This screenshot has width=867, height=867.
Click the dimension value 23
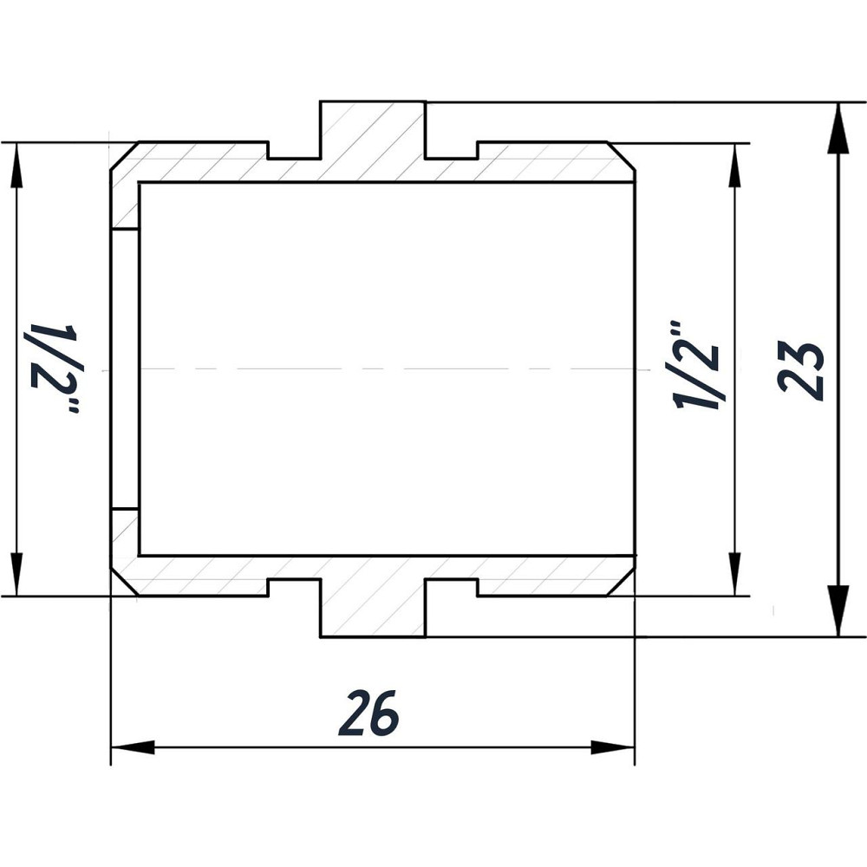point(800,369)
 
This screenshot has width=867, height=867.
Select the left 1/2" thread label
point(55,368)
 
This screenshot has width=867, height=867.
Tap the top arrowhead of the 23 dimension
point(838,127)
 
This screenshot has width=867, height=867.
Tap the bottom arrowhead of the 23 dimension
point(838,612)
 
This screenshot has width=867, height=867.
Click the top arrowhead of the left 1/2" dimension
point(16,165)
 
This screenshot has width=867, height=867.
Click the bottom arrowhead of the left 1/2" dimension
point(16,574)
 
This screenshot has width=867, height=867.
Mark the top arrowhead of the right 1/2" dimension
point(735,165)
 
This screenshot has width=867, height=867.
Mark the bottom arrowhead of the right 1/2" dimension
point(735,574)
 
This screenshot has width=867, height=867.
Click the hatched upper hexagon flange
point(373,139)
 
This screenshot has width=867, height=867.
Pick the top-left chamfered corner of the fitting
point(123,154)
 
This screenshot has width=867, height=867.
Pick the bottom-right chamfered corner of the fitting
point(623,583)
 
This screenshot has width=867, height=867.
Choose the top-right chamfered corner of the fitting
point(623,154)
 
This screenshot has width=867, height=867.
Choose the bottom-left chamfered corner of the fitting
point(123,583)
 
